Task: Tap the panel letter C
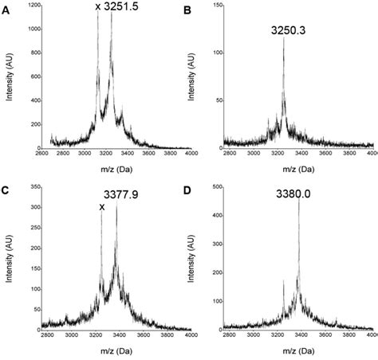coord(7,191)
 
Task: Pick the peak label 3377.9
coord(121,194)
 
